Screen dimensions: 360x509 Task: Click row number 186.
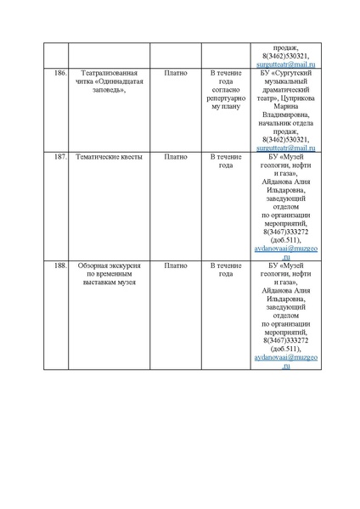pyautogui.click(x=60, y=75)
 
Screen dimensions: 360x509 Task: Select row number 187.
pyautogui.click(x=60, y=157)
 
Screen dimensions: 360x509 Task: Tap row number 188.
pyautogui.click(x=60, y=266)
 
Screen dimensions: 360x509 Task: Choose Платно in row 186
pyautogui.click(x=176, y=75)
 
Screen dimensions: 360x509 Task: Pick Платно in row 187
pyautogui.click(x=176, y=157)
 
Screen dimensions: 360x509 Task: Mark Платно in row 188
pyautogui.click(x=176, y=266)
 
